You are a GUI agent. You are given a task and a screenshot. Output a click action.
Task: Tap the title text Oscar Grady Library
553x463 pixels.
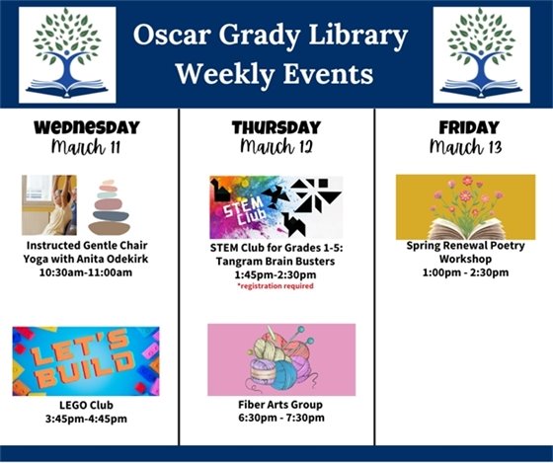pyautogui.click(x=271, y=38)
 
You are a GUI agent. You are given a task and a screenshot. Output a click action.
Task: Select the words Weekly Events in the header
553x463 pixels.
pyautogui.click(x=274, y=73)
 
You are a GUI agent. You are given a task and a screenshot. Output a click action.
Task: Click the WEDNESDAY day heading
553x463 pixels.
pyautogui.click(x=87, y=127)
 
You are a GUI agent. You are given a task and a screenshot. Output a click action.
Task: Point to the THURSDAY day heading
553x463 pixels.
pyautogui.click(x=276, y=127)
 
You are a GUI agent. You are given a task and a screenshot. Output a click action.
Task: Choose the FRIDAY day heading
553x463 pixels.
pyautogui.click(x=465, y=127)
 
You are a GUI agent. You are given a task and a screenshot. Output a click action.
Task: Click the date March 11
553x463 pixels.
pyautogui.click(x=87, y=147)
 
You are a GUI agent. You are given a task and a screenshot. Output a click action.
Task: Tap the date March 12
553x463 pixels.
pyautogui.click(x=276, y=147)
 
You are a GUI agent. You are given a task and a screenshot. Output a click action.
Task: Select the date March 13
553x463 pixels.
pyautogui.click(x=465, y=147)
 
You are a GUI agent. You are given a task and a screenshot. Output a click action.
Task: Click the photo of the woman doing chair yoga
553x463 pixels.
pyautogui.click(x=48, y=205)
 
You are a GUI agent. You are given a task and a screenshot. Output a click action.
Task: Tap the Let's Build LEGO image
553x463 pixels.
pyautogui.click(x=86, y=361)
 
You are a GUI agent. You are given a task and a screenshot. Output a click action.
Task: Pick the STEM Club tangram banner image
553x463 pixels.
pyautogui.click(x=276, y=207)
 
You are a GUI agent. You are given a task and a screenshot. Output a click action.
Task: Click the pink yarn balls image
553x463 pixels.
pyautogui.click(x=281, y=359)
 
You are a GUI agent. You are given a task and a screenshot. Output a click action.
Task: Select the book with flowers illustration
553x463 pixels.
pyautogui.click(x=465, y=207)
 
